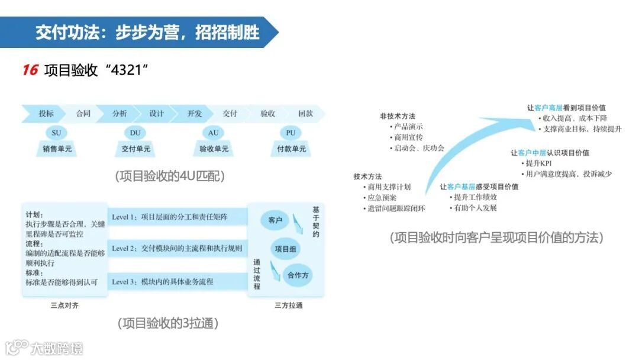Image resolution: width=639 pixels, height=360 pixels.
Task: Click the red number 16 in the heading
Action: [30, 70]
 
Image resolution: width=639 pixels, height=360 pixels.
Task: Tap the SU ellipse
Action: [56, 133]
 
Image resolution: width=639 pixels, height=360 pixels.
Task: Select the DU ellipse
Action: [135, 133]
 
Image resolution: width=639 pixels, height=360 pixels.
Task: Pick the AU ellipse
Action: [214, 133]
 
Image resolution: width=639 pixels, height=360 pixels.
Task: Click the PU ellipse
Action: [291, 133]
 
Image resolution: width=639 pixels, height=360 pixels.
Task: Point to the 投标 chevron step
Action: [46, 114]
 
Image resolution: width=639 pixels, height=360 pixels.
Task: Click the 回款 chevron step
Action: [305, 114]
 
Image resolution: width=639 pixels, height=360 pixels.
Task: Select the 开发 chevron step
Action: [195, 114]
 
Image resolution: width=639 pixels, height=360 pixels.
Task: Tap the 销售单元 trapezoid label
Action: [57, 149]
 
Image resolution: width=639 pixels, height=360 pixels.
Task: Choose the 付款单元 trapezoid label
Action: [291, 149]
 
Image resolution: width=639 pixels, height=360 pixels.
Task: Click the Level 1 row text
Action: [170, 217]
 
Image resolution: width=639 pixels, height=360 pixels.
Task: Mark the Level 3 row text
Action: [163, 281]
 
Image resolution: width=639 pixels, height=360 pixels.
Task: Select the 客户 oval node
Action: [275, 220]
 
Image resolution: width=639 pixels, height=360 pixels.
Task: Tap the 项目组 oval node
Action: [285, 249]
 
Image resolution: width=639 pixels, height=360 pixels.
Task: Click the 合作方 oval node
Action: [298, 275]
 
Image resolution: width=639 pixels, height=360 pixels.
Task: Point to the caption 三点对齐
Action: [65, 306]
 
